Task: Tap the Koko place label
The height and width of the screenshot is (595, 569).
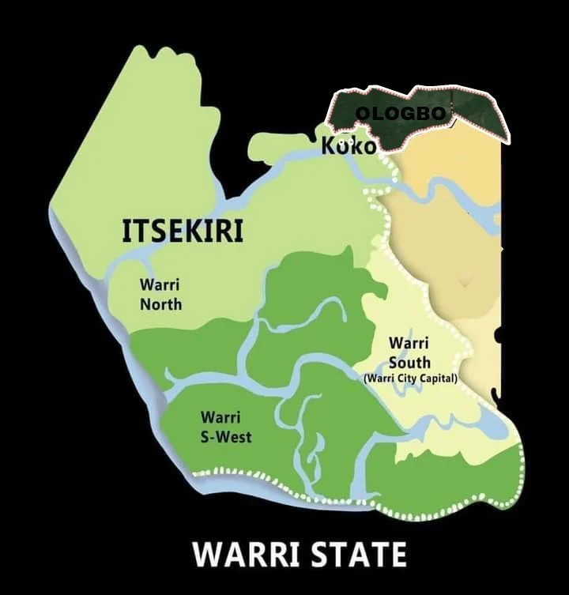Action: point(349,146)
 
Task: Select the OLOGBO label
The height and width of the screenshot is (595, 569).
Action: point(400,114)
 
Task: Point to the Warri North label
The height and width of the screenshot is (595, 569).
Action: point(160,294)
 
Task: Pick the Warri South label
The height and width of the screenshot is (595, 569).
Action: point(409,353)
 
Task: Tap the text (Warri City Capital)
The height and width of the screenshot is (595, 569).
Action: point(410,378)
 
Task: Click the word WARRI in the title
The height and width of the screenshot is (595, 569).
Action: point(242,554)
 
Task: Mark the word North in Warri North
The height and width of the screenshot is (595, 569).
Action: point(160,304)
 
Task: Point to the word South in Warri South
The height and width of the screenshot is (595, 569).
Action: point(409,363)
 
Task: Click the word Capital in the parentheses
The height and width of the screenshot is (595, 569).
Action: point(438,378)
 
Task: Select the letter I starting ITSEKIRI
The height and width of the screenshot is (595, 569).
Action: point(126,230)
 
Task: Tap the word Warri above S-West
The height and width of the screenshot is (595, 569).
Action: point(220,417)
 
